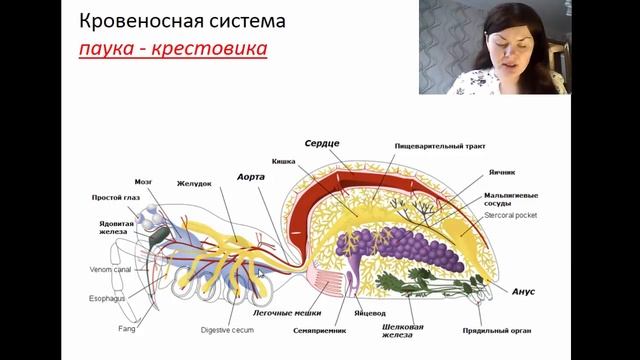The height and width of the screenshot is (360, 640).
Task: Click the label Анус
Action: (x=524, y=291)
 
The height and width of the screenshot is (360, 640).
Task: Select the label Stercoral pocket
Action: (x=512, y=213)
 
